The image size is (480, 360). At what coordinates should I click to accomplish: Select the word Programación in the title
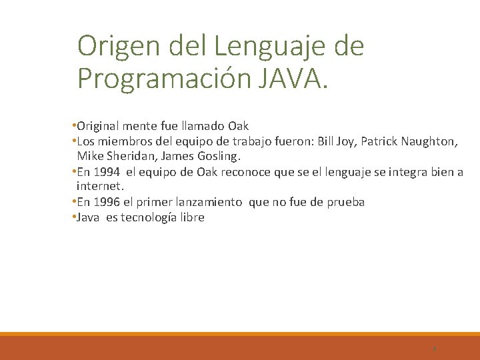tap(163, 78)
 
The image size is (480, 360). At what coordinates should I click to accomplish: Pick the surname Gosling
tap(218, 157)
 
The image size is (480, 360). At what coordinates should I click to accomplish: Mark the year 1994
tap(107, 172)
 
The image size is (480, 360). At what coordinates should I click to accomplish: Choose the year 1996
tap(107, 202)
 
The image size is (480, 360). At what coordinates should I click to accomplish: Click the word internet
tap(100, 187)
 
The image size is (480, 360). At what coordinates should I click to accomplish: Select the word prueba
tap(345, 202)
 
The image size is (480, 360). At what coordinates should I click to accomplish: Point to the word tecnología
tap(149, 217)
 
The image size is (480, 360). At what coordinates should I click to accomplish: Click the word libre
tap(191, 217)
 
